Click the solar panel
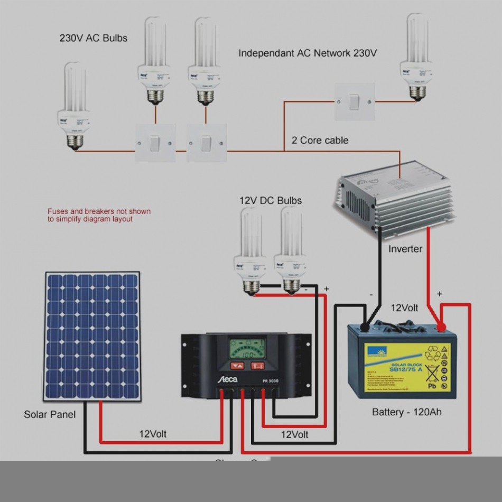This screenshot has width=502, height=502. pyautogui.click(x=92, y=336)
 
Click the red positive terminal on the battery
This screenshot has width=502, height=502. pyautogui.click(x=441, y=328)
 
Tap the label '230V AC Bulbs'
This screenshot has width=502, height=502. pyautogui.click(x=93, y=38)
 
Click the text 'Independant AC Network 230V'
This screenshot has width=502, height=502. pyautogui.click(x=308, y=53)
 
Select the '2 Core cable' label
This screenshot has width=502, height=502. pyautogui.click(x=320, y=140)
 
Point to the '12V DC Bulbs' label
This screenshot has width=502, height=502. pyautogui.click(x=271, y=200)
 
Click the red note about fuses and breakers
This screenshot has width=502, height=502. pyautogui.click(x=99, y=215)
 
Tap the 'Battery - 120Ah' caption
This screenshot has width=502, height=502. pyautogui.click(x=407, y=412)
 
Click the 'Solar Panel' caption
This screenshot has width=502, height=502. pyautogui.click(x=50, y=414)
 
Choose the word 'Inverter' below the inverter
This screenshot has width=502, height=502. pyautogui.click(x=405, y=248)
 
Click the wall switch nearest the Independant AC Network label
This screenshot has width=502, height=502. pyautogui.click(x=355, y=101)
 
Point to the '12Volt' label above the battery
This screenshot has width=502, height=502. pyautogui.click(x=404, y=308)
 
